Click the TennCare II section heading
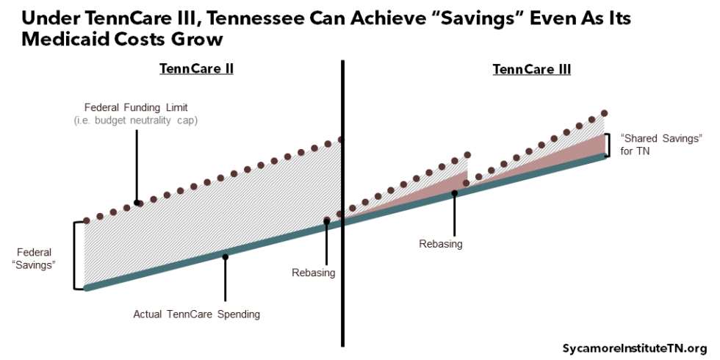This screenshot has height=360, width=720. pyautogui.click(x=196, y=69)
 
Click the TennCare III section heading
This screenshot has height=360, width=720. pyautogui.click(x=531, y=69)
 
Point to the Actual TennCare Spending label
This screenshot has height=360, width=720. pyautogui.click(x=196, y=314)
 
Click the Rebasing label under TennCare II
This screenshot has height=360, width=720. pyautogui.click(x=313, y=273)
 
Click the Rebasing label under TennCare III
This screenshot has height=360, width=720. pyautogui.click(x=441, y=244)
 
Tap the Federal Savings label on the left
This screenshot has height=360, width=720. pyautogui.click(x=35, y=258)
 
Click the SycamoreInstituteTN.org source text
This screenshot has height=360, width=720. pyautogui.click(x=634, y=348)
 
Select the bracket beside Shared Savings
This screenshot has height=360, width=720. pyautogui.click(x=608, y=145)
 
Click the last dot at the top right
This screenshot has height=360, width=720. pyautogui.click(x=605, y=113)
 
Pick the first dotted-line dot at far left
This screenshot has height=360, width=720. pyautogui.click(x=87, y=220)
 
